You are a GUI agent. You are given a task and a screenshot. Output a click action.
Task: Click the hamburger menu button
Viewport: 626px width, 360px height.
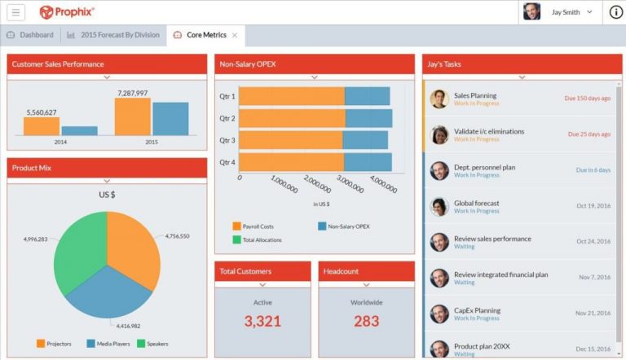point(16,12)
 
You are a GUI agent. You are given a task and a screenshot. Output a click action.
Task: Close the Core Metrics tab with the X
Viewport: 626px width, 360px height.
point(235,35)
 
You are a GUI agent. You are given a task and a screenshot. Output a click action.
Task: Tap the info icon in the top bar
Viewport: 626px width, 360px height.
point(615,12)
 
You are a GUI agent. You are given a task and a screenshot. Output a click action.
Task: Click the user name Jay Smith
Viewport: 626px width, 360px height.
point(565,12)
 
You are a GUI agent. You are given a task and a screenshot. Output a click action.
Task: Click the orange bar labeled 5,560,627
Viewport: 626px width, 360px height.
point(41,125)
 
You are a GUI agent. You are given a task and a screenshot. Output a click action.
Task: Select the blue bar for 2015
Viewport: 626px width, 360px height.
point(170,119)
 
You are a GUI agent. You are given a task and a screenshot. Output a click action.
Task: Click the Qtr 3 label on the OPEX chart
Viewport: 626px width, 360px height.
point(227,140)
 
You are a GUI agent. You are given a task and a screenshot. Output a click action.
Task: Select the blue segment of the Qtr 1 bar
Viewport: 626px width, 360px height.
point(368,96)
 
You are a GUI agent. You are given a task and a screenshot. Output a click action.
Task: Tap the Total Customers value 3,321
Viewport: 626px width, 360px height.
point(262,321)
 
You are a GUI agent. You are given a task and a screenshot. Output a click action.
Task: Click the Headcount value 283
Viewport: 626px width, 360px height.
point(366,321)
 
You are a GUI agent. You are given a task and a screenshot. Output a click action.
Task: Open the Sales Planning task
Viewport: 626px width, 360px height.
point(475,95)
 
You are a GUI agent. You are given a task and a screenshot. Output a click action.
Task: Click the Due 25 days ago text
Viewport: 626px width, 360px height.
point(589,134)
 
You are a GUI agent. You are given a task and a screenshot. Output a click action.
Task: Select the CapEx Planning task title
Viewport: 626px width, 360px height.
point(477,310)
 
